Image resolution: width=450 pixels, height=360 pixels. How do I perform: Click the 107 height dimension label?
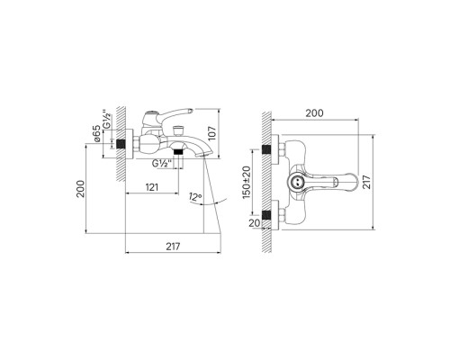coord(211,133)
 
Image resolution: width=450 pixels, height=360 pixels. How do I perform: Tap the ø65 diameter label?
coord(96,133)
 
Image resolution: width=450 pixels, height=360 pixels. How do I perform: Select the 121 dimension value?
coord(152,187)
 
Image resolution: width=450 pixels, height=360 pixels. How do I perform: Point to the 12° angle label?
coord(195,197)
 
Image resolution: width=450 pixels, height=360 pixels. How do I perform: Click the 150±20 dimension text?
coord(247,182)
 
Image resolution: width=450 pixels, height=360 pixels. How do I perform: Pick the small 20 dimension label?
coord(255,223)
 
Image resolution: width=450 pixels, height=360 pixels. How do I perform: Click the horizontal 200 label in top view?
coord(314,113)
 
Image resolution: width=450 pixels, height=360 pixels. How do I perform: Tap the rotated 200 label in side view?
coord(80,189)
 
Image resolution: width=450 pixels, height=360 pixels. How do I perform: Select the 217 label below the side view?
coord(173,247)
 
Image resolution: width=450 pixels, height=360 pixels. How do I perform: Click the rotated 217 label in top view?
coord(366,182)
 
